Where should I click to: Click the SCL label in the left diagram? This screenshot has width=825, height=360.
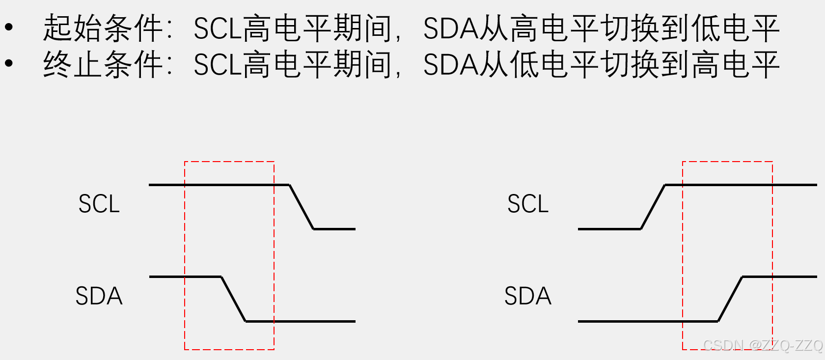pyautogui.click(x=99, y=204)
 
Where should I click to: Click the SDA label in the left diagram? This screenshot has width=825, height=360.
pyautogui.click(x=99, y=296)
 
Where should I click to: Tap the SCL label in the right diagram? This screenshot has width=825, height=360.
pyautogui.click(x=527, y=204)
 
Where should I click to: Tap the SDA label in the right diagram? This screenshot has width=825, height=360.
pyautogui.click(x=527, y=296)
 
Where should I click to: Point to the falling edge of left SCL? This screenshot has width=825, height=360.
pyautogui.click(x=301, y=207)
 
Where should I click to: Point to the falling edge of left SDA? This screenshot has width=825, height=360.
pyautogui.click(x=233, y=299)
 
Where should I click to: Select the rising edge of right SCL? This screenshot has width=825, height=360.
pyautogui.click(x=653, y=207)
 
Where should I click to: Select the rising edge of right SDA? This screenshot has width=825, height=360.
pyautogui.click(x=730, y=299)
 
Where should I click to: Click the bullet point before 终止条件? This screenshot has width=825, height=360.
pyautogui.click(x=9, y=64)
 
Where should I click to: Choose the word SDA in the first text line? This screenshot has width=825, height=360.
pyautogui.click(x=450, y=28)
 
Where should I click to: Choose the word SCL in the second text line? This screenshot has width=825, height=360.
pyautogui.click(x=218, y=65)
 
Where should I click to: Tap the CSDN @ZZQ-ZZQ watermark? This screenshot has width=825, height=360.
pyautogui.click(x=763, y=345)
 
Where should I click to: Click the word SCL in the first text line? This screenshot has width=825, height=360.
pyautogui.click(x=218, y=28)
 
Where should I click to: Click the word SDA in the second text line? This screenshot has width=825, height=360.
pyautogui.click(x=450, y=65)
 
